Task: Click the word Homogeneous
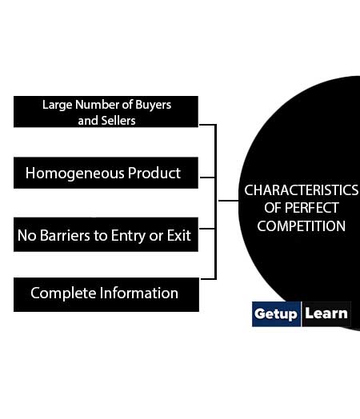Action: coord(75,174)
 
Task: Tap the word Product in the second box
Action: coord(154,173)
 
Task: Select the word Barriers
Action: coord(65,235)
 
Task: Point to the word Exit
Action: coord(178,235)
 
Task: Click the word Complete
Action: coord(63,293)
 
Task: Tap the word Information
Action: coord(139,293)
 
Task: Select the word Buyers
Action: coord(153,105)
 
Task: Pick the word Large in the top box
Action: coord(57,105)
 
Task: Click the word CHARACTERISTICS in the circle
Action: coord(302,190)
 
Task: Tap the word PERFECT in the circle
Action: coord(312,208)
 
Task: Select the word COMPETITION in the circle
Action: coord(302,226)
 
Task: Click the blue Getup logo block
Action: coord(276,314)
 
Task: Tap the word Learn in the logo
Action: coord(326,313)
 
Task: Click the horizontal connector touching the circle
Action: coord(229,201)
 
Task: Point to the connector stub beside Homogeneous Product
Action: coord(207,178)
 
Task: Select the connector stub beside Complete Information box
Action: coord(208,279)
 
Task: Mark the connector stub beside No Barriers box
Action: coord(207,229)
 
